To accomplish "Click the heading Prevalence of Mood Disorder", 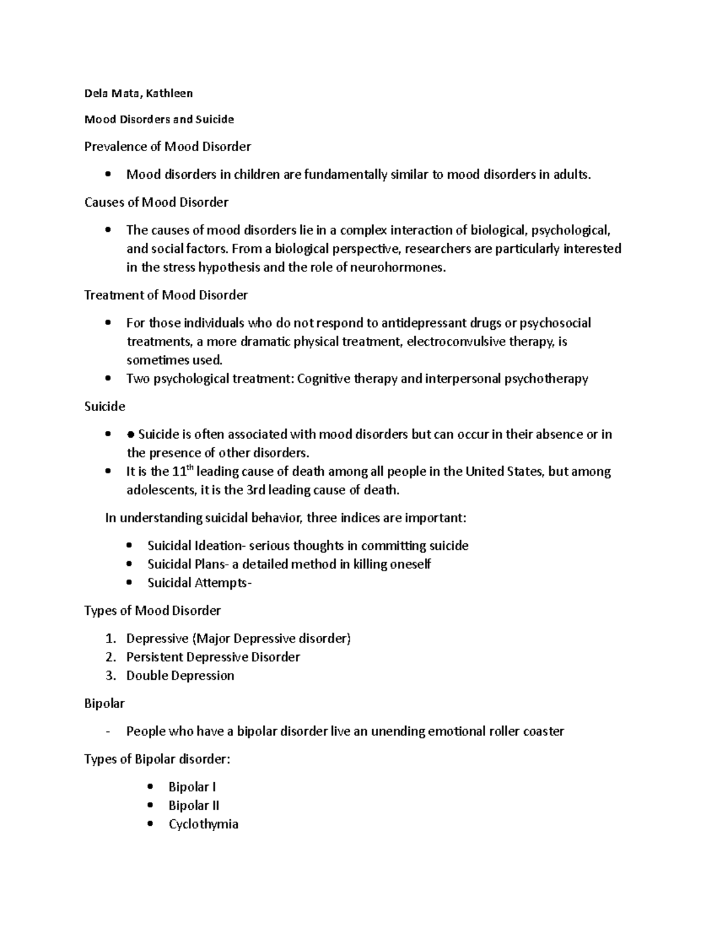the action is (167, 146).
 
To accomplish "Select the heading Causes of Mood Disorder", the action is (156, 202).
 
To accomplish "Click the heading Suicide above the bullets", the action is (105, 406).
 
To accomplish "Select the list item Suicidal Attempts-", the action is (200, 583).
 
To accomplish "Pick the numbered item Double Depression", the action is (180, 675).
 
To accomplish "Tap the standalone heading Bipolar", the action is (105, 703).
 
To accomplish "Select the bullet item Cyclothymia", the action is (203, 824).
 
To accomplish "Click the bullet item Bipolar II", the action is (194, 806).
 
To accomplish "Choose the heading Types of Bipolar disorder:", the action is (157, 759).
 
